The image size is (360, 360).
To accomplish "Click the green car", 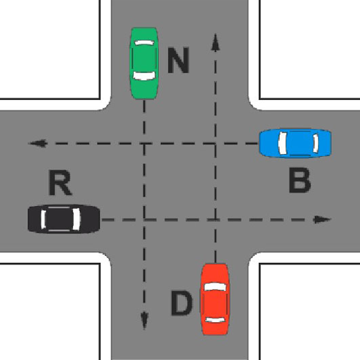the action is [x=144, y=63].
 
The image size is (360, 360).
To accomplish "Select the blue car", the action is [x=295, y=143].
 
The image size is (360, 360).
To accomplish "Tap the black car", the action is [x=64, y=219].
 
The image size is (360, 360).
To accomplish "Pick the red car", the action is [x=215, y=299].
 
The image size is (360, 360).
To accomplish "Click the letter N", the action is [x=178, y=60].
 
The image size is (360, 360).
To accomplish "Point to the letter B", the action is [x=300, y=180].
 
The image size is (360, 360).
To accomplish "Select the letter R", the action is [x=60, y=182].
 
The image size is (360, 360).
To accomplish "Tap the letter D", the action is [x=181, y=302].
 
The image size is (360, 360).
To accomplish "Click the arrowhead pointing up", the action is [x=215, y=42].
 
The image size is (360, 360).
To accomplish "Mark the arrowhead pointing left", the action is [x=37, y=143].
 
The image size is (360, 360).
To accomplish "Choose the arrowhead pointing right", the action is [x=322, y=219].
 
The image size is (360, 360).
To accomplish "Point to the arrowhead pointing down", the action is [x=144, y=321].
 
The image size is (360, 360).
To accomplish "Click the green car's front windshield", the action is [x=144, y=75].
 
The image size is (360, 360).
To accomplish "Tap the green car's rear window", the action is [x=144, y=43].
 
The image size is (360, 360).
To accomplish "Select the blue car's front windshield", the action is [x=283, y=143].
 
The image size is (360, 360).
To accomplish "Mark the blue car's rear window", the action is [x=316, y=143].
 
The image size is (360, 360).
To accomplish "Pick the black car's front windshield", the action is [x=77, y=219].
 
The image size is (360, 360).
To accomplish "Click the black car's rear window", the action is [x=44, y=219].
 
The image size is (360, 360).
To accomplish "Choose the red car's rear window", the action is [x=215, y=320].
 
